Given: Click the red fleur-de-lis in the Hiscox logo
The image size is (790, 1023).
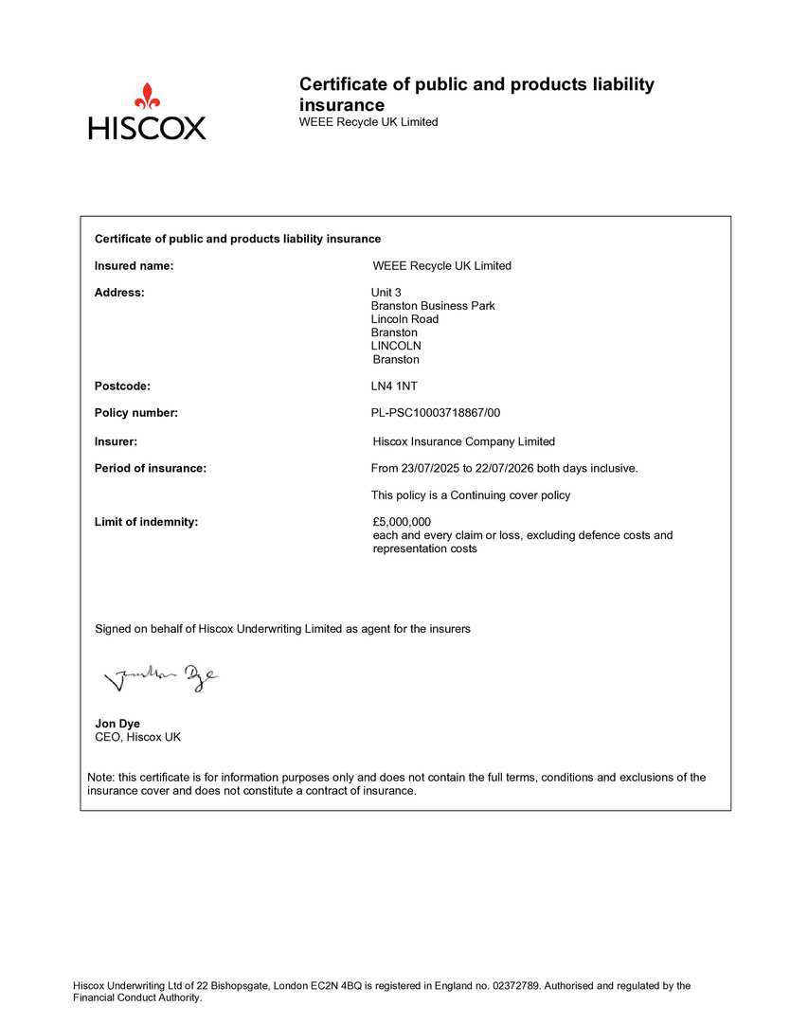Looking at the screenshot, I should pos(147,96).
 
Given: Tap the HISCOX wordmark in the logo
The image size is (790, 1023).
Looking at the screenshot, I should pos(147,128).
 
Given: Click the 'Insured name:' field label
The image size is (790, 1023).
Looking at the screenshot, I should pos(134,266).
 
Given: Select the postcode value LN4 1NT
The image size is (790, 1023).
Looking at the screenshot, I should pos(394,386).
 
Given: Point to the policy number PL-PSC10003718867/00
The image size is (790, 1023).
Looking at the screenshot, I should pos(436,413).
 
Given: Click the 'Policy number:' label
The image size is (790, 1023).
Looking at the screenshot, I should pos(136,413).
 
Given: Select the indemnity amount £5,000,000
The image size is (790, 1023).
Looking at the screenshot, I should pos(403,522).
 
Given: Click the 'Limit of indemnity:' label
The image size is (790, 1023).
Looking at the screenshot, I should pos(146,522).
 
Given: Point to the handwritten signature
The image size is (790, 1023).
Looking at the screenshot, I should pos(160,676).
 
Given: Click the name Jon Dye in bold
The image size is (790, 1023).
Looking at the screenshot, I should pos(117,724).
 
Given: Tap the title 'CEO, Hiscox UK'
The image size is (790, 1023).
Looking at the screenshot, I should pos(137,737).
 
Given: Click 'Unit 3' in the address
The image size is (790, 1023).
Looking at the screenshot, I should pos(386,293).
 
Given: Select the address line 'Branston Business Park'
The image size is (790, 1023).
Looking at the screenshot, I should pos(433,306).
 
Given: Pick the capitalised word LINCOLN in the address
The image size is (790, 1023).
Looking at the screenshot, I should pos(396,346).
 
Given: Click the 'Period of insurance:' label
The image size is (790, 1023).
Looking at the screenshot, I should pos(150,468).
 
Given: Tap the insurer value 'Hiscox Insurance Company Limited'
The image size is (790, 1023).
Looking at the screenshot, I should pos(464,441).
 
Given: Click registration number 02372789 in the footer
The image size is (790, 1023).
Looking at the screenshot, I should pos(517,986).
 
